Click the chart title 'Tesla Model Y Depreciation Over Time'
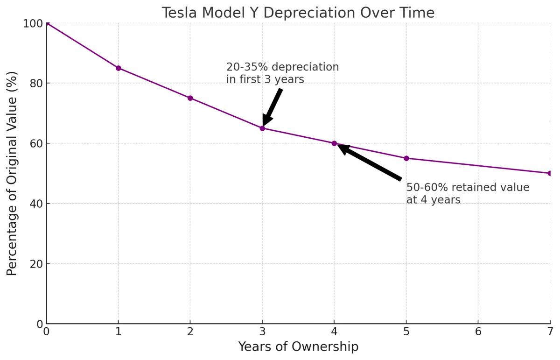point(298,13)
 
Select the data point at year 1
point(119,68)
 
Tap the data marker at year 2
point(190,98)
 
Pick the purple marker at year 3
point(262,128)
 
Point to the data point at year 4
point(334,143)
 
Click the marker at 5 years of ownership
point(406,158)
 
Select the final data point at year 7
point(550,173)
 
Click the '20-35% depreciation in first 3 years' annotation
point(282,73)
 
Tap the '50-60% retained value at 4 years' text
point(468,194)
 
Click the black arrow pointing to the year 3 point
point(272,107)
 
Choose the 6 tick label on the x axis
point(478,332)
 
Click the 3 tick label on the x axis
point(262,332)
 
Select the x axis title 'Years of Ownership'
point(298,347)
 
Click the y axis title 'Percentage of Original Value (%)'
point(12,173)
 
